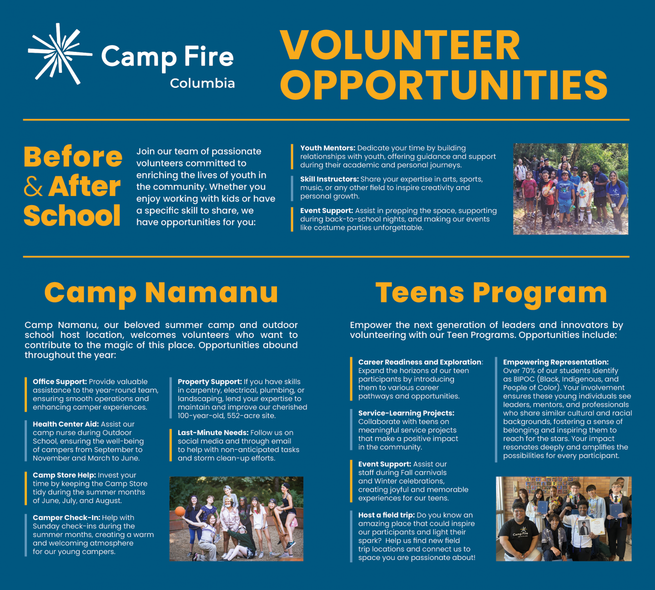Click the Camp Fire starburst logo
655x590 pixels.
[60, 53]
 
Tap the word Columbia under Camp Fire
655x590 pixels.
[202, 83]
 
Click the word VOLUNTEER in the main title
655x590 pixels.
[400, 45]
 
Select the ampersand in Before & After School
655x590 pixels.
[33, 187]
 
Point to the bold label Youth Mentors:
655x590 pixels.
[328, 148]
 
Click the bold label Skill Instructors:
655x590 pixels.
[329, 179]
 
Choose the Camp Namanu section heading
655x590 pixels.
[161, 292]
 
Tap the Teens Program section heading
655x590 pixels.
[491, 293]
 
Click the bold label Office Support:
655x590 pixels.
[60, 382]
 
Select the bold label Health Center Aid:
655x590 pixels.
[65, 424]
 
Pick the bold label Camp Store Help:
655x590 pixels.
[64, 475]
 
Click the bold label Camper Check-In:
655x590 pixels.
[66, 518]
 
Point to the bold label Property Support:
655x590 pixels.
[210, 382]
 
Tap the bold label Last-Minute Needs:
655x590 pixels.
[213, 433]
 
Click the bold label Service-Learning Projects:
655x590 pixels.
[406, 413]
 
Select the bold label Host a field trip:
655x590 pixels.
[386, 515]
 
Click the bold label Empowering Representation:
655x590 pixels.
[556, 362]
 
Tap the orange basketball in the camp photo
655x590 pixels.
[180, 511]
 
